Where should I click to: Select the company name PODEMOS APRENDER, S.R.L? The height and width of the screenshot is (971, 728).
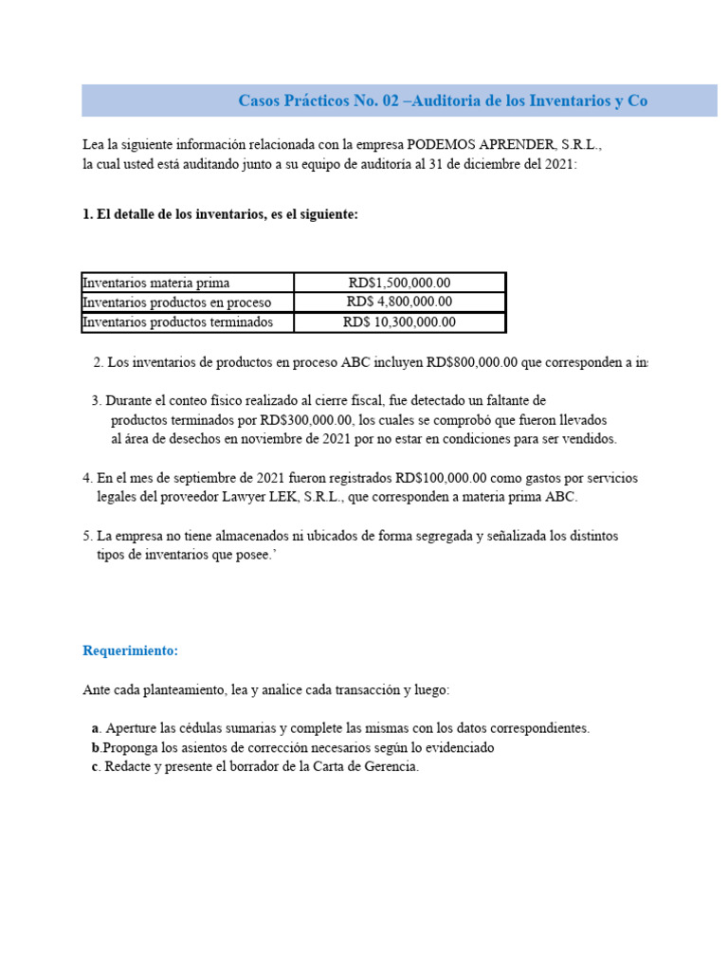503,146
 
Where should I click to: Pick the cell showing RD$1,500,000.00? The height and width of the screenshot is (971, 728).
399,283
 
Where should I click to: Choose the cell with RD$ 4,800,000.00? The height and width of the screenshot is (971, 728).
399,302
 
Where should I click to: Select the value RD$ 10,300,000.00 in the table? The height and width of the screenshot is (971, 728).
399,322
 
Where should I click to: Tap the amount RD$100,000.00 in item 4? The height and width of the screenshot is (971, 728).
441,478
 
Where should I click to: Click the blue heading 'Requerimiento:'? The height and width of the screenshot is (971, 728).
130,651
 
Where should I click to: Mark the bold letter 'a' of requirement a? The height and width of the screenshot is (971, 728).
96,728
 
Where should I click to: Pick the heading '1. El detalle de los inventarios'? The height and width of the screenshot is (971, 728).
220,214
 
